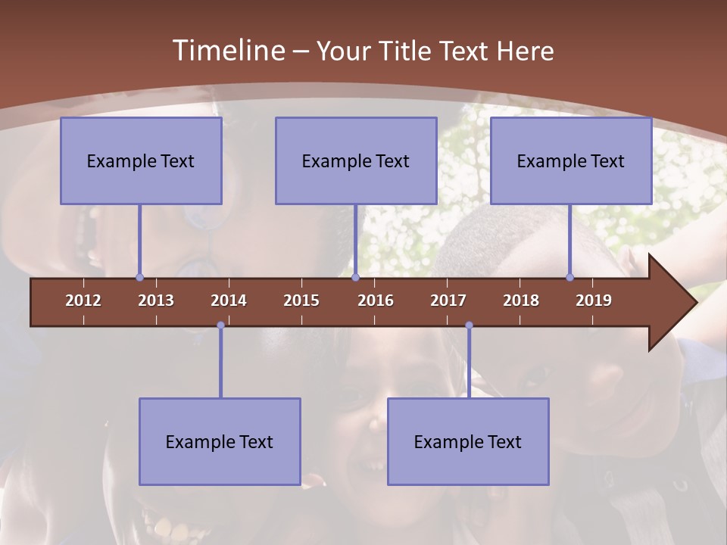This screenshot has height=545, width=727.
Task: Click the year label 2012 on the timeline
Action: click(83, 301)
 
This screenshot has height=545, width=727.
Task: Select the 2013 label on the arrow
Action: click(156, 301)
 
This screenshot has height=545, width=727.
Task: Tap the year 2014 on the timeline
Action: click(229, 301)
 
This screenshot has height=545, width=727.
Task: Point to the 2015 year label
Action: click(301, 301)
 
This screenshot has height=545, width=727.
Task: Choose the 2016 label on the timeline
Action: click(376, 301)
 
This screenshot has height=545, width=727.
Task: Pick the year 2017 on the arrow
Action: click(448, 301)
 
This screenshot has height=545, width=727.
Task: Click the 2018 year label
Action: click(521, 301)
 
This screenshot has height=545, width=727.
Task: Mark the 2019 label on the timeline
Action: click(594, 301)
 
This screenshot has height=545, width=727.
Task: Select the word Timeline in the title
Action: click(228, 51)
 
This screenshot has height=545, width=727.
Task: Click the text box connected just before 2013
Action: click(141, 160)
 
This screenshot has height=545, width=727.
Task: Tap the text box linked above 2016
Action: click(356, 160)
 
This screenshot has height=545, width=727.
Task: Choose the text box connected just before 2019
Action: click(571, 160)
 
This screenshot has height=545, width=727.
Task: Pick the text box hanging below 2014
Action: click(220, 441)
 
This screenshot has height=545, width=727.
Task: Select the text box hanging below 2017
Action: click(468, 441)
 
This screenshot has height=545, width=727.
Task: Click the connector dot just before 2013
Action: click(139, 277)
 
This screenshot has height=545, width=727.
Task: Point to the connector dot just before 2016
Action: click(355, 277)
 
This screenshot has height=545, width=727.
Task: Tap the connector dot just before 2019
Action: click(569, 277)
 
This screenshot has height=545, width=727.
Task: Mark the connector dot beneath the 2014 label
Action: click(220, 325)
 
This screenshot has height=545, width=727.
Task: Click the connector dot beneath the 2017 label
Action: click(469, 325)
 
